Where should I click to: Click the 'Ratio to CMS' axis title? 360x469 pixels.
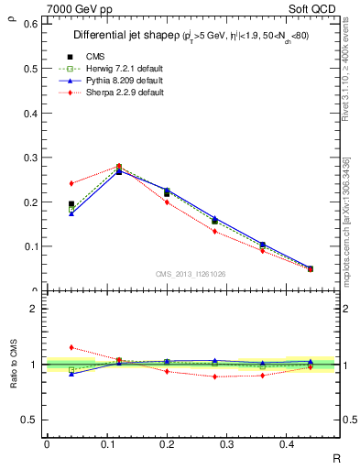click(x=13, y=364)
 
